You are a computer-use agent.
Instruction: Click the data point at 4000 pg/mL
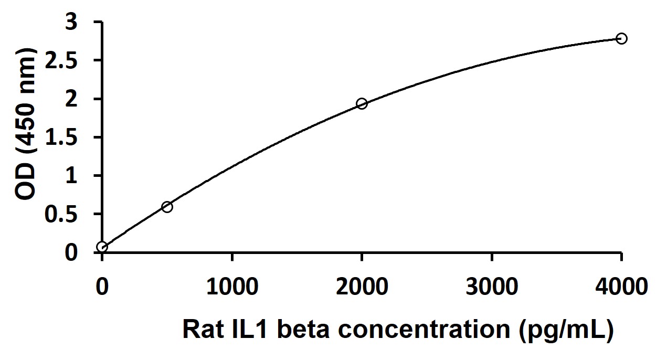click(x=621, y=38)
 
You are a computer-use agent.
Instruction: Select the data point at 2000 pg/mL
click(x=362, y=103)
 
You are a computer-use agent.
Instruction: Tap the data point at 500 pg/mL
click(x=167, y=207)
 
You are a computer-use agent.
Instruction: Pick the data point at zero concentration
click(x=102, y=247)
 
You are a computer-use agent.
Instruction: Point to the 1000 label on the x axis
click(x=232, y=287)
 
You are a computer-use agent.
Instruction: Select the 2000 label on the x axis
click(x=362, y=287)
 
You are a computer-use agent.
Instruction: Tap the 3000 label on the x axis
click(x=492, y=287)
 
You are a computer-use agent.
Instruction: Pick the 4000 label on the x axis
click(x=621, y=287)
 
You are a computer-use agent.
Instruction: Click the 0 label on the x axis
click(x=102, y=287)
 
